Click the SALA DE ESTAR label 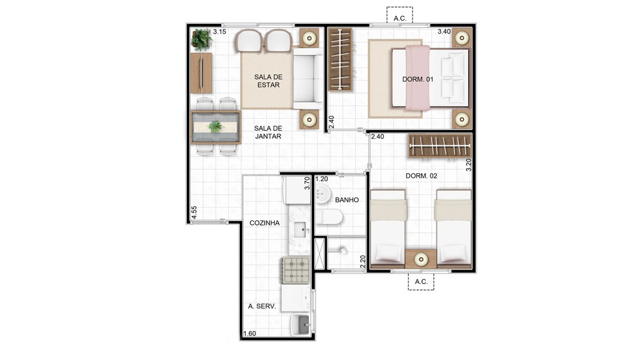268,81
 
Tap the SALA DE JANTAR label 268,132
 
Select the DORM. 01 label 418,79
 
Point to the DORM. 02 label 421,176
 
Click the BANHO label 347,200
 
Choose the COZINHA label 264,223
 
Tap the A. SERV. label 262,306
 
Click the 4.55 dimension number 195,212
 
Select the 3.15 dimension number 220,32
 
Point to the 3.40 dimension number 444,32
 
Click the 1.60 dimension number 250,334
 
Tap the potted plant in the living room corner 202,39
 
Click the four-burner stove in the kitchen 297,270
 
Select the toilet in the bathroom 329,217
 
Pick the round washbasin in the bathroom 323,193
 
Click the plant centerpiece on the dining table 215,127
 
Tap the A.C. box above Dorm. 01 400,15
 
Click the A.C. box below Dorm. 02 421,282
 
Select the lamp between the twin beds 421,259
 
